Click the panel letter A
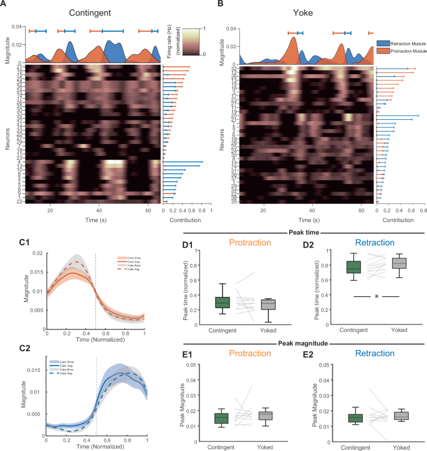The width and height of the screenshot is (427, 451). tap(5, 5)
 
